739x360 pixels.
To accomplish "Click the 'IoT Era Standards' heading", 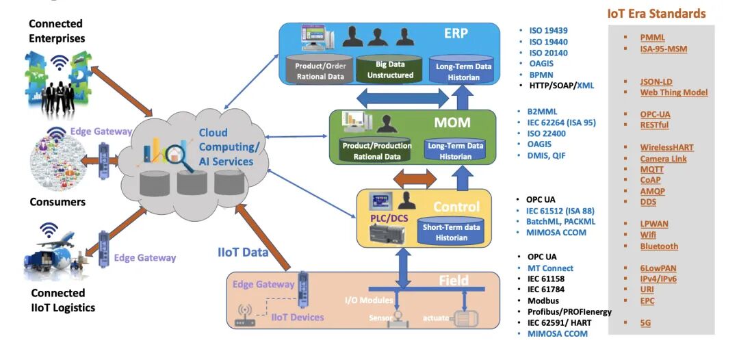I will pos(656,13).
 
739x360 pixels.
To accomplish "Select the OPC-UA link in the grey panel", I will pos(654,114).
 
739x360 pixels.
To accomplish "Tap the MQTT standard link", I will pos(653,169).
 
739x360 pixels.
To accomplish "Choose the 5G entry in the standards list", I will pos(645,322).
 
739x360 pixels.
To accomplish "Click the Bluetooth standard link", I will pos(659,246).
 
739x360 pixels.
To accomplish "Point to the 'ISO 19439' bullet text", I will pos(548,30).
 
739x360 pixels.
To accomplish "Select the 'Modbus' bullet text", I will pos(543,300).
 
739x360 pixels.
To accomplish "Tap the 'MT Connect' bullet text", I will pos(550,268).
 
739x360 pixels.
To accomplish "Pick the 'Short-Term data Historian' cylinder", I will pos(452,231).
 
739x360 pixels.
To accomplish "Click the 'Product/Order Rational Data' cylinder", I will pos(320,70).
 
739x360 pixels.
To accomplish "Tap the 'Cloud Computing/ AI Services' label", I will pos(228,146).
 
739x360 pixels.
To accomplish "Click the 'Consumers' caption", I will pos(57,202).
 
